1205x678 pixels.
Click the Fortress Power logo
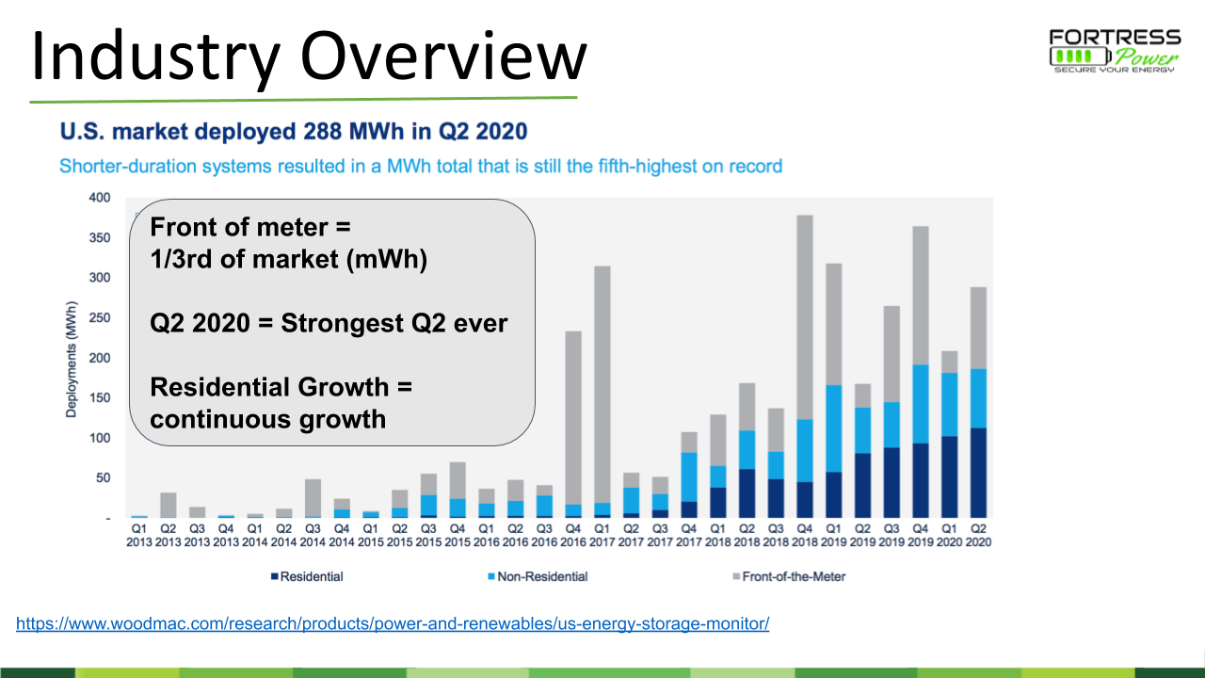coord(1115,51)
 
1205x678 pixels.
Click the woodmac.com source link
coord(393,623)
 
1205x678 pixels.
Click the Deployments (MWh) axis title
coord(72,358)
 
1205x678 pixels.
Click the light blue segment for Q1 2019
coord(834,428)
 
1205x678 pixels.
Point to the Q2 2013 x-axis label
coord(168,535)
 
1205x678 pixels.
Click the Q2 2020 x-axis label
coord(979,535)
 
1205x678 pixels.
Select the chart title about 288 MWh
coord(294,130)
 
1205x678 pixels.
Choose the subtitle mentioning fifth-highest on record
coord(421,167)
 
